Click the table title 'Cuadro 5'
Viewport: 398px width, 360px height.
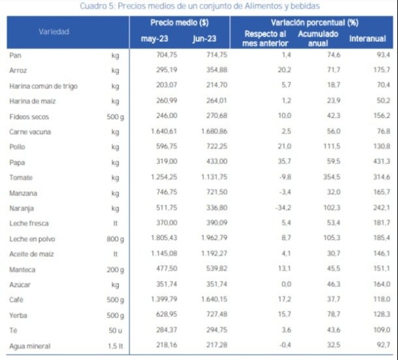click(x=98, y=6)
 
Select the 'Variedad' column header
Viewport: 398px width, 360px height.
click(x=54, y=32)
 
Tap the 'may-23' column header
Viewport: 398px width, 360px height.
click(x=155, y=39)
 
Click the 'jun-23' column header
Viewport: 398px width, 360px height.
click(x=205, y=39)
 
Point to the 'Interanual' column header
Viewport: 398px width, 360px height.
click(x=367, y=39)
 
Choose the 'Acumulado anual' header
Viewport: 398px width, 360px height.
click(x=318, y=39)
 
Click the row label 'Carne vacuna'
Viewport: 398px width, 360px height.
click(x=30, y=132)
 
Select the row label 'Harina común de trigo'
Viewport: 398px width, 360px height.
click(x=43, y=86)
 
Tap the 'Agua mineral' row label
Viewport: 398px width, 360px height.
click(x=30, y=346)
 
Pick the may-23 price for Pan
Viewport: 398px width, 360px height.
click(x=167, y=55)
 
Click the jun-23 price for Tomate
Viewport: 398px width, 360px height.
click(x=214, y=177)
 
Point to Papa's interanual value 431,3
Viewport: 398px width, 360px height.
click(x=381, y=161)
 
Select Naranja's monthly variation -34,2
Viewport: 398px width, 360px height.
click(x=283, y=208)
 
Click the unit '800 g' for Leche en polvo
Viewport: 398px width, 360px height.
click(x=116, y=239)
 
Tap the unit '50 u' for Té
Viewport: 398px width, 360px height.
click(x=116, y=331)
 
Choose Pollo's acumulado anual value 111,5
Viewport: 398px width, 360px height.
click(x=332, y=146)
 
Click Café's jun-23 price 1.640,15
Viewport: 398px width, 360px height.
click(x=214, y=300)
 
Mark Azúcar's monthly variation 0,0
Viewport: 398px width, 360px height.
click(x=286, y=284)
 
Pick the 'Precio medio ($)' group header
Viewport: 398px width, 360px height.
click(x=179, y=23)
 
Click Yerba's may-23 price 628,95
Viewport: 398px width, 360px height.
click(x=167, y=315)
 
